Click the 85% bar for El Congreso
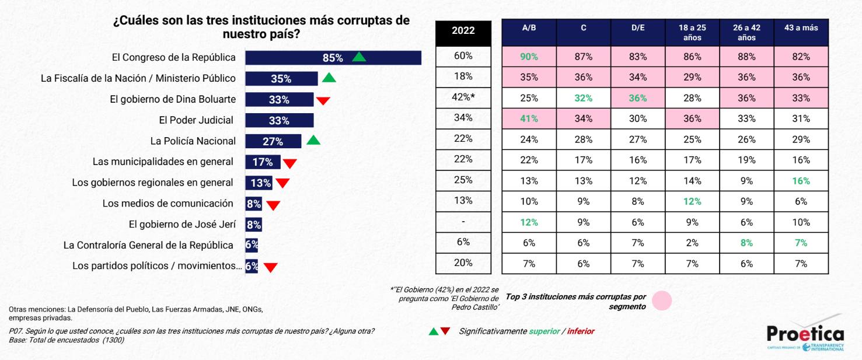pyautogui.click(x=333, y=58)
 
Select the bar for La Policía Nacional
pyautogui.click(x=273, y=141)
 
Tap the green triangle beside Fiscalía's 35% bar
pyautogui.click(x=329, y=78)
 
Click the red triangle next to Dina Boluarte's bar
pyautogui.click(x=323, y=100)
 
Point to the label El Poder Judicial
pyautogui.click(x=196, y=120)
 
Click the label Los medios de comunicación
pyautogui.click(x=168, y=204)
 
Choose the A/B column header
pyautogui.click(x=529, y=28)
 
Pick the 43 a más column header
pyautogui.click(x=801, y=28)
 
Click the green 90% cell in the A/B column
pyautogui.click(x=529, y=57)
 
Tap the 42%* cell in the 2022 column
pyautogui.click(x=463, y=97)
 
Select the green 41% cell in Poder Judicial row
pyautogui.click(x=529, y=118)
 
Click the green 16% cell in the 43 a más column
pyautogui.click(x=801, y=181)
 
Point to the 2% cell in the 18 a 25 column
pyautogui.click(x=692, y=243)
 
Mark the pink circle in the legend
pyautogui.click(x=662, y=300)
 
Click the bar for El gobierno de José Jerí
pyautogui.click(x=254, y=225)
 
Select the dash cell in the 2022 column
pyautogui.click(x=463, y=222)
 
